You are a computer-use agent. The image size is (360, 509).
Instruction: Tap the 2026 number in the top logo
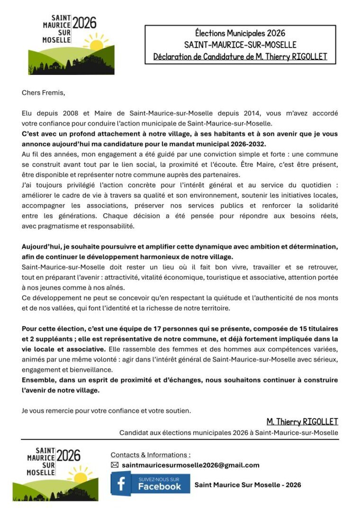(x=84, y=23)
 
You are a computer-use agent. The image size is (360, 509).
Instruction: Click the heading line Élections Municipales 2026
(x=240, y=33)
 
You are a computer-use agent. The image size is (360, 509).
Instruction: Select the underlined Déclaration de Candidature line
(x=240, y=57)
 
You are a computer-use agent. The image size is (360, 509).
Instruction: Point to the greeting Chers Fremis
(x=43, y=92)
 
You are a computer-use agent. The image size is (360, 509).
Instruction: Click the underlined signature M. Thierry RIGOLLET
(x=302, y=422)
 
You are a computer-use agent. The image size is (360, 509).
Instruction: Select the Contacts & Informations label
(x=151, y=454)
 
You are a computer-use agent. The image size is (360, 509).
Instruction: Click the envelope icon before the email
(x=115, y=465)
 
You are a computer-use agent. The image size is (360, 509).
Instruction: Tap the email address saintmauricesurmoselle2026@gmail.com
(x=190, y=465)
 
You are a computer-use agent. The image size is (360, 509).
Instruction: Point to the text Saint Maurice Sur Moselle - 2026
(x=248, y=484)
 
